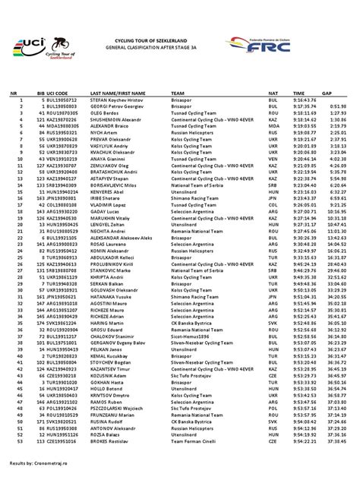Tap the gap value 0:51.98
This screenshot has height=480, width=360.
338,107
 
